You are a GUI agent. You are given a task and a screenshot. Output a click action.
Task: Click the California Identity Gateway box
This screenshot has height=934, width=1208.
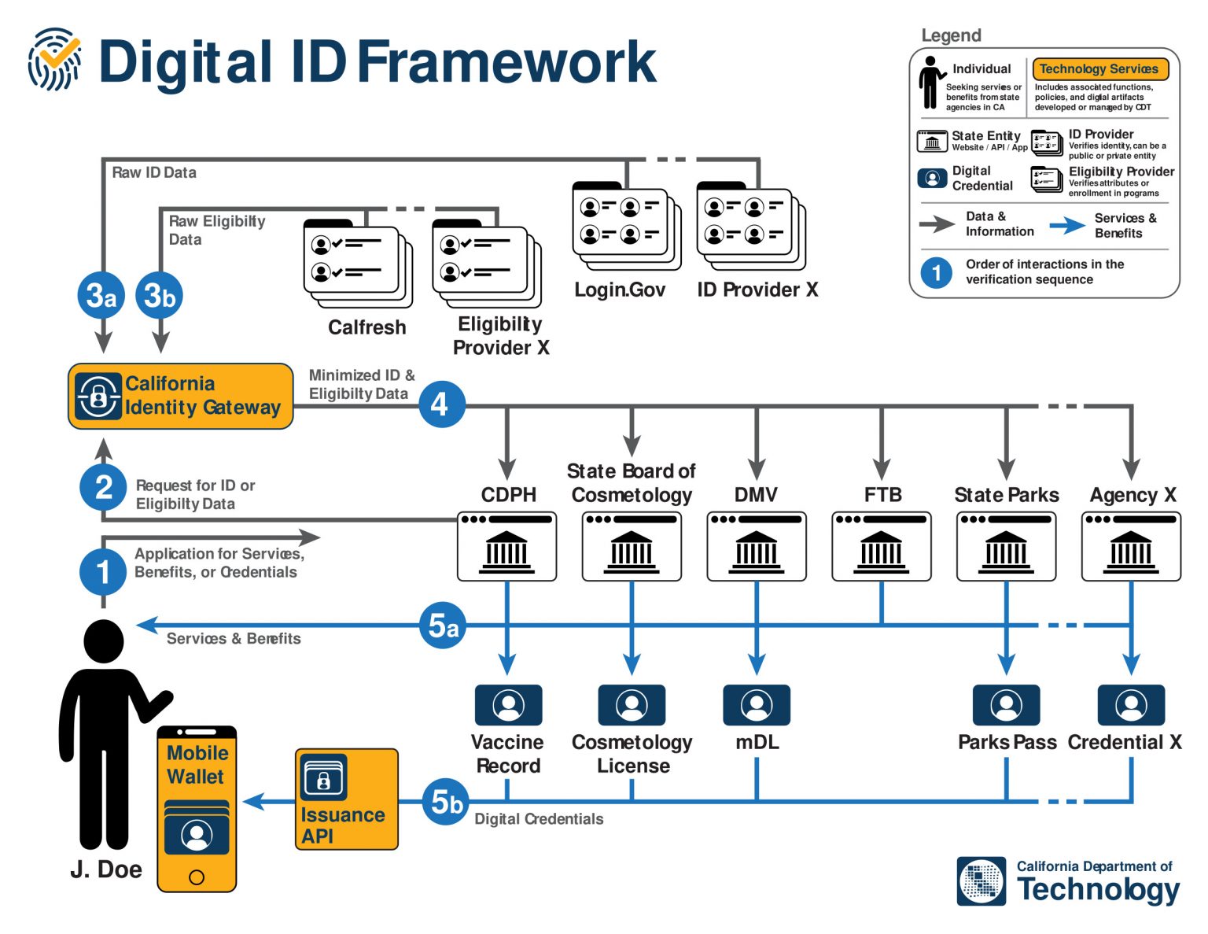point(180,396)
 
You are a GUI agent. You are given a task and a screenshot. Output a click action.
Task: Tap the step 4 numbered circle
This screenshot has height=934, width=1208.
point(441,404)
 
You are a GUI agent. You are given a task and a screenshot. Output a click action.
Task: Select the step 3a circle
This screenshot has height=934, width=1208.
point(101,296)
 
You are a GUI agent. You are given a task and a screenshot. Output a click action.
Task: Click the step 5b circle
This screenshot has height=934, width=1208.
point(446,802)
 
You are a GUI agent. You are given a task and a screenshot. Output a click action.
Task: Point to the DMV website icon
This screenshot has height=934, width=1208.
point(756,546)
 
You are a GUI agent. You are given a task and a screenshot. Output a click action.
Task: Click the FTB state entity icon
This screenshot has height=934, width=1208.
point(881,546)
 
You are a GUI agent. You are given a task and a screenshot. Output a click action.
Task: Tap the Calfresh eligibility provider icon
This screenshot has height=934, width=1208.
point(358,264)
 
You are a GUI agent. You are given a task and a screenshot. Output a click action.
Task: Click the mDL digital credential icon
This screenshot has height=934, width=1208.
point(756,705)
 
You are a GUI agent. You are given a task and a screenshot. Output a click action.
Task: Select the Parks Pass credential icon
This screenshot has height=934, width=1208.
point(1006,705)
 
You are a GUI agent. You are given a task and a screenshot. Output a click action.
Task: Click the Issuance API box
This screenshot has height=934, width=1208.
point(346,799)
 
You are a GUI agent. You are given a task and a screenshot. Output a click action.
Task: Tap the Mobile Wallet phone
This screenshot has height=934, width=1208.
point(197,809)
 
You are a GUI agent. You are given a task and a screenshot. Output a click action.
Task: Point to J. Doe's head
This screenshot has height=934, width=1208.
point(103,641)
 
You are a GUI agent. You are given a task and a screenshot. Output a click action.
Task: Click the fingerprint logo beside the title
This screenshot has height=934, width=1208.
point(55,60)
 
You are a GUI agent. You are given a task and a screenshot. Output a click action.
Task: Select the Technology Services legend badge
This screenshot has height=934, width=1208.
point(1099,69)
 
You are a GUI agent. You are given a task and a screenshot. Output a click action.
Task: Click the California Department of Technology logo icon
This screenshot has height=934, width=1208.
point(981,881)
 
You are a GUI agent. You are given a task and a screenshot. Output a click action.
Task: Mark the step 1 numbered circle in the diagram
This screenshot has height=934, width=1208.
point(103,571)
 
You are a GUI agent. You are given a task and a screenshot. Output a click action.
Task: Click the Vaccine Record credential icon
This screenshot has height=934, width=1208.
point(508,705)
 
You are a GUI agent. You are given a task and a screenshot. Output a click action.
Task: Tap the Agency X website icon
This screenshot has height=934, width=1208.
point(1131,546)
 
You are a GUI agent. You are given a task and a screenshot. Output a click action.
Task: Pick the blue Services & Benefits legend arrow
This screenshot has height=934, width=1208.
point(1067,226)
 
